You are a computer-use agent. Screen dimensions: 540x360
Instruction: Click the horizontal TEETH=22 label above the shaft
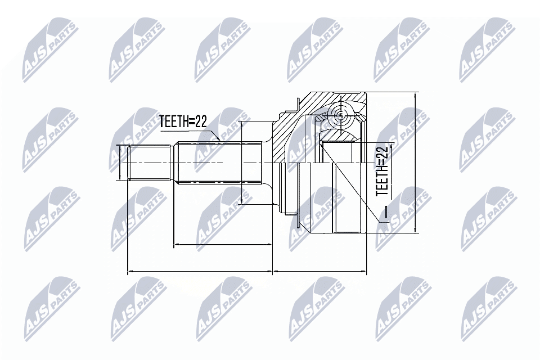point(183,121)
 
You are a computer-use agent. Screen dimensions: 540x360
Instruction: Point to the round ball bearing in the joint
point(340,115)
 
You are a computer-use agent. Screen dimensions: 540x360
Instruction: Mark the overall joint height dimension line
point(415,163)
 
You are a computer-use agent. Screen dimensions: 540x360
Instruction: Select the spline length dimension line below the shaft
point(223,245)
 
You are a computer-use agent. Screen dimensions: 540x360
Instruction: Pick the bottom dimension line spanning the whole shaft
point(200,272)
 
